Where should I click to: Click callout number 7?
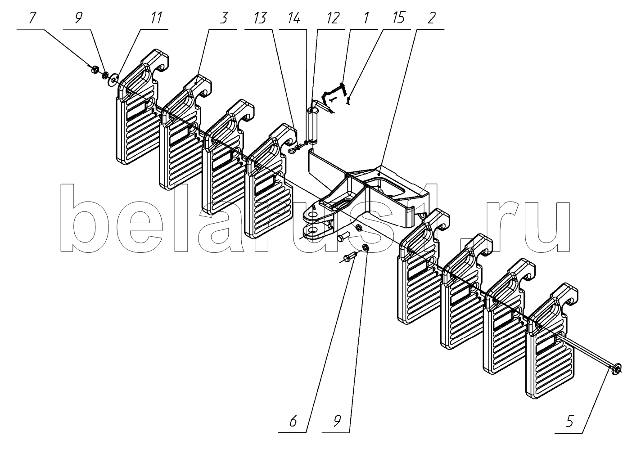(32, 18)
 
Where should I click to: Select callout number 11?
(155, 18)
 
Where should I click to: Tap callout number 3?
(224, 18)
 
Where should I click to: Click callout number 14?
(293, 18)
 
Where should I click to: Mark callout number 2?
(431, 18)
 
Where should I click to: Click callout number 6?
(293, 421)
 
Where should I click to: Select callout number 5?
(570, 421)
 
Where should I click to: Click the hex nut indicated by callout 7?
(95, 69)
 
